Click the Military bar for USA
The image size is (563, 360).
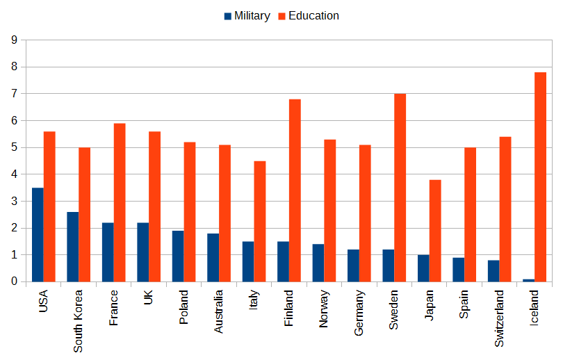(x=38, y=235)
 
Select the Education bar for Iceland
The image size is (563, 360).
(x=540, y=177)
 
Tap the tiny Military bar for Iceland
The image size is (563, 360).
(x=528, y=280)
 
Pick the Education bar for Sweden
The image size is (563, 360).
(x=400, y=188)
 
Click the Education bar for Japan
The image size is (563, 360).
(x=435, y=231)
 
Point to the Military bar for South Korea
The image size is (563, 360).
(x=72, y=247)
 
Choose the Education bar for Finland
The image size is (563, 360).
(x=295, y=190)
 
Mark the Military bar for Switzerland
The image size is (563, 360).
(x=493, y=271)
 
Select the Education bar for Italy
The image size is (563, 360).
(x=259, y=221)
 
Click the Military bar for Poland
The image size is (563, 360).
(x=178, y=256)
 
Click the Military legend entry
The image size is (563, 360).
(x=247, y=16)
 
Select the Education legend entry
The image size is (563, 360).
(x=308, y=16)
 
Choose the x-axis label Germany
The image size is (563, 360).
(x=359, y=312)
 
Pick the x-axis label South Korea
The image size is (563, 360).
(x=78, y=320)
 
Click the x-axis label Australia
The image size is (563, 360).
(x=218, y=313)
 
